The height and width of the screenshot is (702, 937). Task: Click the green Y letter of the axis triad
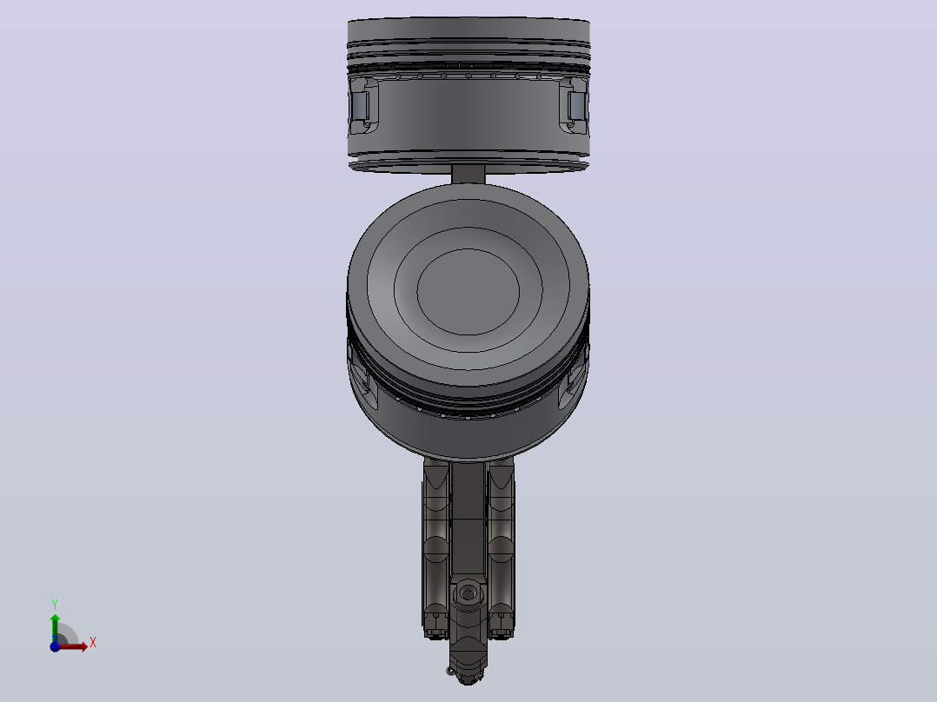pyautogui.click(x=55, y=604)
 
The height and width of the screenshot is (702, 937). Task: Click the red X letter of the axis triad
pyautogui.click(x=93, y=643)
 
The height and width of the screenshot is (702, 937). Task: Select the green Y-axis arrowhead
pyautogui.click(x=55, y=619)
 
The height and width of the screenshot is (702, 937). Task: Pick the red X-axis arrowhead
pyautogui.click(x=83, y=646)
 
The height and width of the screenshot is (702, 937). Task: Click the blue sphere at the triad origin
pyautogui.click(x=55, y=646)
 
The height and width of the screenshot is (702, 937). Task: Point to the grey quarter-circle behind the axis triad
pyautogui.click(x=68, y=633)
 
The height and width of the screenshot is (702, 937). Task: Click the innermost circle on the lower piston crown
pyautogui.click(x=468, y=292)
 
